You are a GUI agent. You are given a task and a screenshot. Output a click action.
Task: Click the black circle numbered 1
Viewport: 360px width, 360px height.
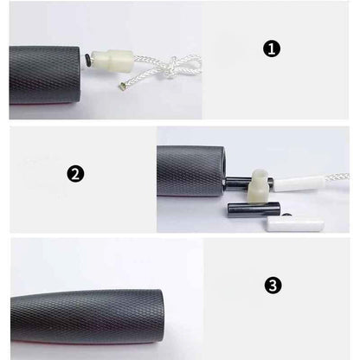(x=271, y=49)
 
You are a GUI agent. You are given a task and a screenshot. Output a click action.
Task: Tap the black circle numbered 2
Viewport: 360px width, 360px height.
(x=75, y=174)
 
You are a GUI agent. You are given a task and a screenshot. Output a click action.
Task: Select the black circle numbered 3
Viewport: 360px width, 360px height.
(x=273, y=286)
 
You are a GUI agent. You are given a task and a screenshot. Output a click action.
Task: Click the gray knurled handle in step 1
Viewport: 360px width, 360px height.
(x=45, y=75)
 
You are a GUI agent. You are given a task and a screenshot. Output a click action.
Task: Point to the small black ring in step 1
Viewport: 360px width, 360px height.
(x=87, y=60)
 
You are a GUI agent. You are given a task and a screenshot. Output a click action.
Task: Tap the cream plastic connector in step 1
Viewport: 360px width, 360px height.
(x=112, y=61)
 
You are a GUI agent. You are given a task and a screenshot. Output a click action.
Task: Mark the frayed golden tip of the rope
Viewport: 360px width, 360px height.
(x=122, y=86)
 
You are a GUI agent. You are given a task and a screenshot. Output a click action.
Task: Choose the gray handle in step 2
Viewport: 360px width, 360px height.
(x=191, y=170)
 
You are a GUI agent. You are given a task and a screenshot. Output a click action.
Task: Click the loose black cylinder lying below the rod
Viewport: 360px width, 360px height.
(x=254, y=210)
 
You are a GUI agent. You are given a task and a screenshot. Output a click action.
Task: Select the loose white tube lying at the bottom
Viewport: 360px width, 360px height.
(x=295, y=224)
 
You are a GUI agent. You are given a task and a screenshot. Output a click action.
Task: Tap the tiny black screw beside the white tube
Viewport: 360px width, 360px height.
(x=286, y=215)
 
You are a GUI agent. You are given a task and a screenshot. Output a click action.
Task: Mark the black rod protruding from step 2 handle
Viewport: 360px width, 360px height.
(x=248, y=183)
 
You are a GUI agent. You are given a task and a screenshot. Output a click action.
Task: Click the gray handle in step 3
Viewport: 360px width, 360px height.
(x=87, y=317)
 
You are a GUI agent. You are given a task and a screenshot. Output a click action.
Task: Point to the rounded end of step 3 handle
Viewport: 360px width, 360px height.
(x=160, y=317)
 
